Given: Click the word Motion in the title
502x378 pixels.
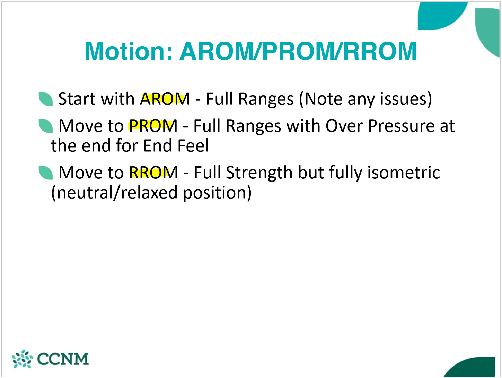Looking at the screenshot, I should click(129, 51).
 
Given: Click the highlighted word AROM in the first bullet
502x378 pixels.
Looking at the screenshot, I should click(165, 99).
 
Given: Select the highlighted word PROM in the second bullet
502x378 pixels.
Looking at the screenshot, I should click(153, 126).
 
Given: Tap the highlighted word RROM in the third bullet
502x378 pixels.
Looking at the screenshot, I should click(153, 173).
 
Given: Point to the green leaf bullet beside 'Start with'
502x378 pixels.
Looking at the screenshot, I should click(45, 99).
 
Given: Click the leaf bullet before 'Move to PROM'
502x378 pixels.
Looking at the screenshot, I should click(45, 126).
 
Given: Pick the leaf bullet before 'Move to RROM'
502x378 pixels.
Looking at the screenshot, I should click(45, 173).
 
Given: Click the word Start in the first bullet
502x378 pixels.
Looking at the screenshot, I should click(77, 99).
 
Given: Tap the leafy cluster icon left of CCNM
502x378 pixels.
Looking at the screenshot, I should click(22, 359).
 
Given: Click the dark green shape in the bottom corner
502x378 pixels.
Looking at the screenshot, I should click(475, 368).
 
